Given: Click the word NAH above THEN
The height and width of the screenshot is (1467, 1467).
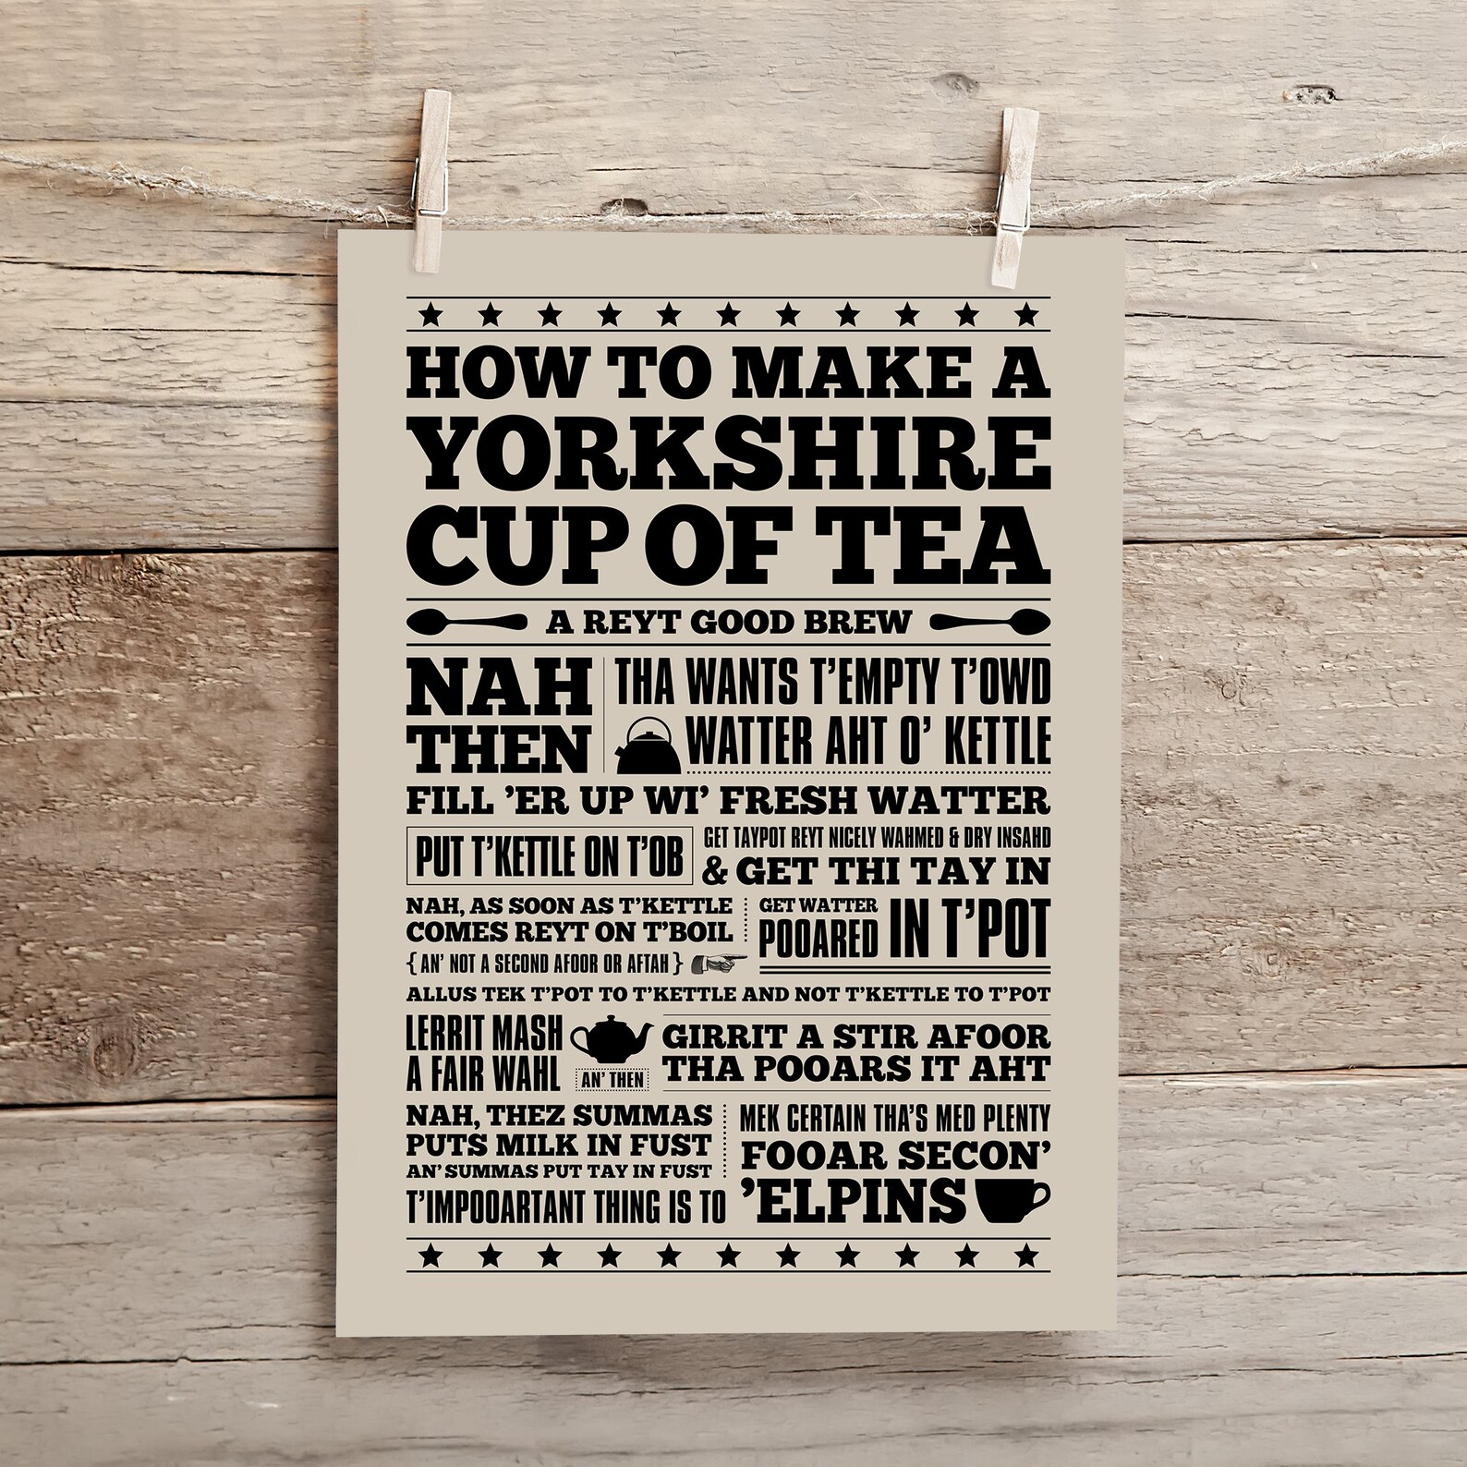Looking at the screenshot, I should point(500,689).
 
